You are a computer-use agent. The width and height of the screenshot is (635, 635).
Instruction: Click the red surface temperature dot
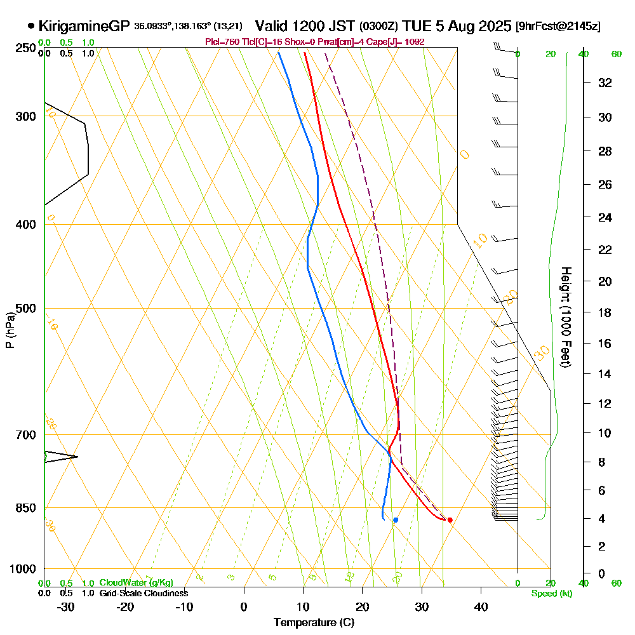point(450,520)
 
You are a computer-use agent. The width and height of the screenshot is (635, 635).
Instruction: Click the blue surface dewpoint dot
point(396,520)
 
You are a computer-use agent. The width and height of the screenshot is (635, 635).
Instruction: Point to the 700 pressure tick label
point(27,435)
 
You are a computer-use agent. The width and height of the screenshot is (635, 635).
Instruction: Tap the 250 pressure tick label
point(27,48)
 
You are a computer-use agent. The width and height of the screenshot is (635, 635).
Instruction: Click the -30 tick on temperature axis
point(66,606)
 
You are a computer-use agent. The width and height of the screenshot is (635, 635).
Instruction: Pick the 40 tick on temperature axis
point(481,606)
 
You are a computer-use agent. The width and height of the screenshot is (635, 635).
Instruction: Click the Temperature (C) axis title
point(314,622)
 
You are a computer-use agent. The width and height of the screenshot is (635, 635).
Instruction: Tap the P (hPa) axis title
point(10,330)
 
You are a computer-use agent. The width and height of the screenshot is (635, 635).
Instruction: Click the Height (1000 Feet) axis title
point(565,317)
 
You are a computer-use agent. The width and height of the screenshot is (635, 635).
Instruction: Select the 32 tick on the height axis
point(604,83)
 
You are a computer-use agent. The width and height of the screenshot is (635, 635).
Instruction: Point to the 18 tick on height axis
point(604,312)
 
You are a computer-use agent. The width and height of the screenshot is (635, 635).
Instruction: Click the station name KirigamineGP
point(84,27)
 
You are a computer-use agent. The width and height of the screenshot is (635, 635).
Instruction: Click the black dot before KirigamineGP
point(31,27)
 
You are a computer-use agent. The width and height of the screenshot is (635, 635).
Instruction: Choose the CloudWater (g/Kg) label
point(136,583)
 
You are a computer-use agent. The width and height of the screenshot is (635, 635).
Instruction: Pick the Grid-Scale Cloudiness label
point(143,593)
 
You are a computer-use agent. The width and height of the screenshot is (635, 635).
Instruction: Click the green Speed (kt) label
point(550,593)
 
